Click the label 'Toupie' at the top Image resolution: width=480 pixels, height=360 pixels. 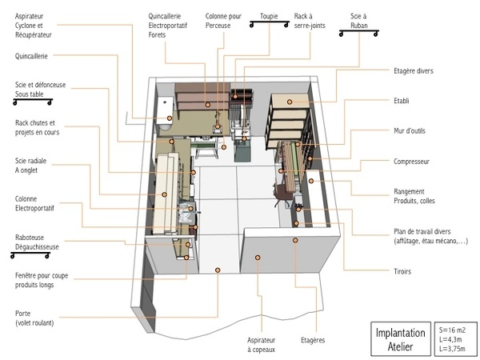(x=269, y=16)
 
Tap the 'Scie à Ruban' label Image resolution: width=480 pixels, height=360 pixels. (x=358, y=21)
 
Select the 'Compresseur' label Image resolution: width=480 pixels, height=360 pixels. (x=411, y=162)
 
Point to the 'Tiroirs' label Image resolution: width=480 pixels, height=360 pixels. (x=402, y=271)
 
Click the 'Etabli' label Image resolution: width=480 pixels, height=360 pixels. (x=402, y=101)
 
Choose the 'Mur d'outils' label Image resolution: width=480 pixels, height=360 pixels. (x=410, y=130)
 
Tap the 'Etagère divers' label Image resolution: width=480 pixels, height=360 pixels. (x=414, y=71)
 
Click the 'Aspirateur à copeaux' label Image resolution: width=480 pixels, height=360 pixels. (x=261, y=345)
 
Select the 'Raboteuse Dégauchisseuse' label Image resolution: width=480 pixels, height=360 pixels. (x=37, y=242)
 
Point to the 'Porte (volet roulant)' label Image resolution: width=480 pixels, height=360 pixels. (x=34, y=318)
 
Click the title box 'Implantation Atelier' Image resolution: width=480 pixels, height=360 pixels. (x=401, y=339)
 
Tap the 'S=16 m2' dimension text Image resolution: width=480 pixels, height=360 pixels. (x=452, y=330)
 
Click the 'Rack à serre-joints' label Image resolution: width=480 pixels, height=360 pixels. (x=310, y=21)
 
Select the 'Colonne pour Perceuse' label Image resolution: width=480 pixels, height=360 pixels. (x=223, y=21)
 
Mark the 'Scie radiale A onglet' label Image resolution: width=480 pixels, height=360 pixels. (x=30, y=166)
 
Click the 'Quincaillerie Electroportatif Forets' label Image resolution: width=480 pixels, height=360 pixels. (x=168, y=26)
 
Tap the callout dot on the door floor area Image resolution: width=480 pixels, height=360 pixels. (x=218, y=270)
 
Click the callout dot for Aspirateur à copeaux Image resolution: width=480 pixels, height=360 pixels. (x=258, y=258)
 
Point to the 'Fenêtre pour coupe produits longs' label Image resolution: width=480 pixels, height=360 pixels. (x=42, y=280)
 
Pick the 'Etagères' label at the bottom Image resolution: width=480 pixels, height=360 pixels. (x=313, y=340)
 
